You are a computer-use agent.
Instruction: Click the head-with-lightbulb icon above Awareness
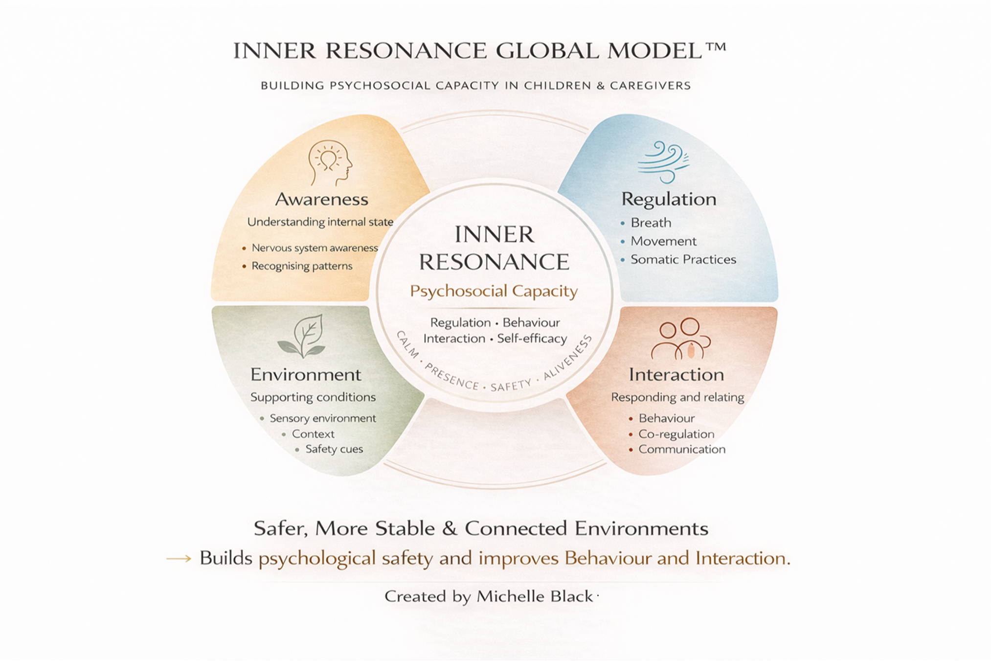330,163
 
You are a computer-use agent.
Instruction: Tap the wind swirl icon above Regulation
664,162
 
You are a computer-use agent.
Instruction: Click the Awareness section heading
322,199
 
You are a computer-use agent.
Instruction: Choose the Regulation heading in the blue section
669,199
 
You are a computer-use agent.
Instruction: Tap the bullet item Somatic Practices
683,259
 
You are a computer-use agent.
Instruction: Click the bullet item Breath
651,223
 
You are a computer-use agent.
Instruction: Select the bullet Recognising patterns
302,266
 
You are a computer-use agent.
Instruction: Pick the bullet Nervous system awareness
315,248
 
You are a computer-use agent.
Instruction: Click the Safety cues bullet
334,449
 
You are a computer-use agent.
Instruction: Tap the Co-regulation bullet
676,434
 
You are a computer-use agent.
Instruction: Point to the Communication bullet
682,449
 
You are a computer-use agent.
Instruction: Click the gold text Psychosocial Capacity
494,292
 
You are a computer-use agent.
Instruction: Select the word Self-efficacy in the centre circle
532,339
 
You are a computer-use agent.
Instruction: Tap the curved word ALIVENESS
567,358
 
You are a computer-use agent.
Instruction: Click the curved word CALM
407,344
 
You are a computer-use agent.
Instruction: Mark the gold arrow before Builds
179,559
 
